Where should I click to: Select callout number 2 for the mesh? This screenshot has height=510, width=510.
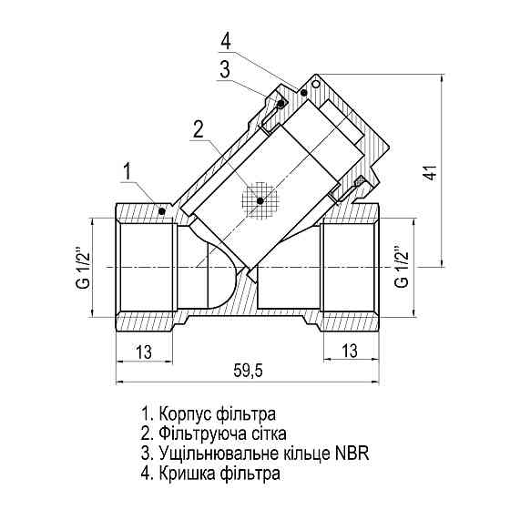tap(197, 129)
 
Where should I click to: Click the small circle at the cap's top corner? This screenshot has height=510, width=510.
tap(314, 83)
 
